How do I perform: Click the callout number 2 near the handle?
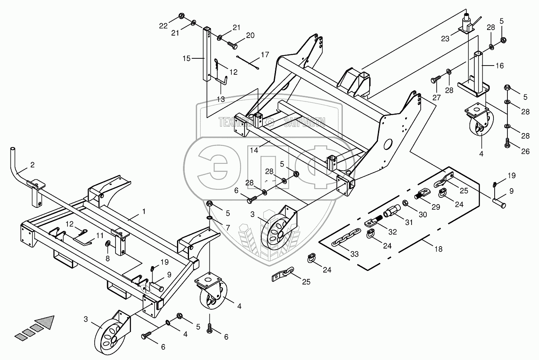(32, 164)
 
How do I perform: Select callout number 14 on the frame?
(255, 150)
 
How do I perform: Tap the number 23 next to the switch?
(445, 39)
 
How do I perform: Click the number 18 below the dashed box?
(438, 249)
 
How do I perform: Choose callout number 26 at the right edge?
(525, 151)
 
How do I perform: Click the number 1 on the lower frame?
(144, 211)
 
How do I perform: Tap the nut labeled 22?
(181, 16)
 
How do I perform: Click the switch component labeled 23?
(467, 24)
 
